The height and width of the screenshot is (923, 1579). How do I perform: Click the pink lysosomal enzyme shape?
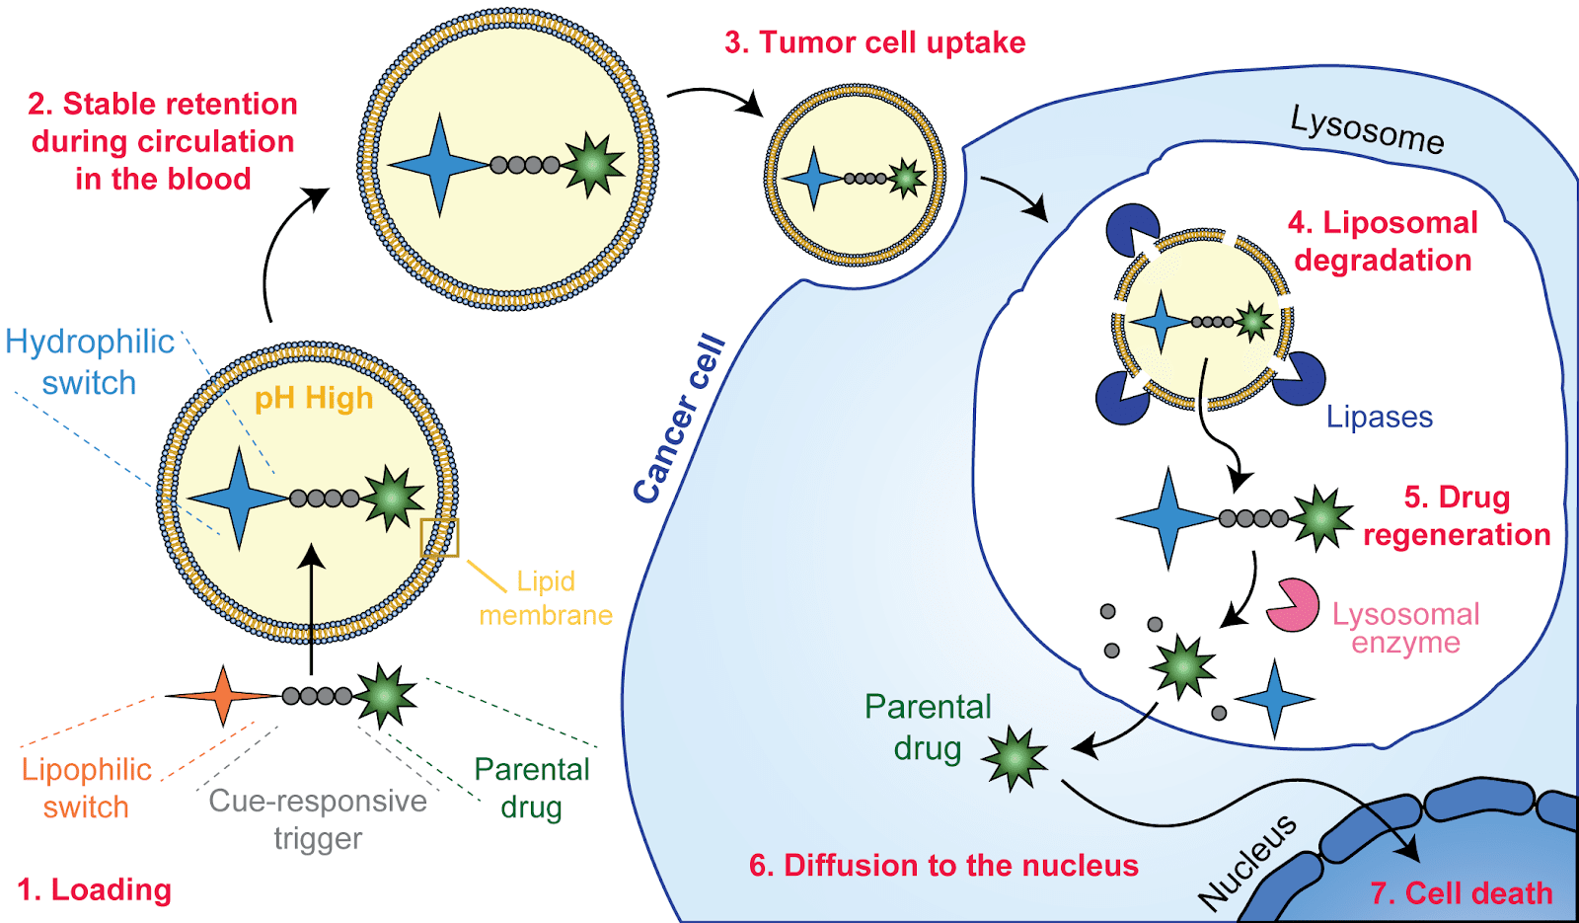(x=1292, y=605)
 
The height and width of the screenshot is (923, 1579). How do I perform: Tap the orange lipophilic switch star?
(x=224, y=696)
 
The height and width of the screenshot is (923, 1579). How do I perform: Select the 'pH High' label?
(x=314, y=398)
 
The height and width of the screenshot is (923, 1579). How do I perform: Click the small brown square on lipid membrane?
(x=439, y=537)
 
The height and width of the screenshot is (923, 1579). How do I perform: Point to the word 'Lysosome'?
(x=1367, y=130)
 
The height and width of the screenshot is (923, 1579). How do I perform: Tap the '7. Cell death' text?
(x=1461, y=892)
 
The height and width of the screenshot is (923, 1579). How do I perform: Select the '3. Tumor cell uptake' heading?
(x=874, y=42)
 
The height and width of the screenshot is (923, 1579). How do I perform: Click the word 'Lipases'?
(x=1379, y=417)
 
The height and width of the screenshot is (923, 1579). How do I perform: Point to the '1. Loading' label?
(x=95, y=889)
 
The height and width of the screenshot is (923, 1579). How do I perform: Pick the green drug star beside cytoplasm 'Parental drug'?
(x=1014, y=758)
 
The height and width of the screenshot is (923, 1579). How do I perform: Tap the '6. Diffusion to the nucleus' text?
(x=943, y=865)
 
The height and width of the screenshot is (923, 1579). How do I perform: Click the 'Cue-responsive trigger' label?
(x=318, y=819)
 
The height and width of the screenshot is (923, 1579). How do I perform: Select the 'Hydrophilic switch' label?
(x=89, y=362)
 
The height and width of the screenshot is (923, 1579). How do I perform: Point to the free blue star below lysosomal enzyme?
(x=1274, y=699)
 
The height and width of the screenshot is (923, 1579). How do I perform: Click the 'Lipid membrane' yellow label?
(x=546, y=598)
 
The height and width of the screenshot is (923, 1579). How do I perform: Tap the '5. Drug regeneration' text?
(x=1457, y=515)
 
